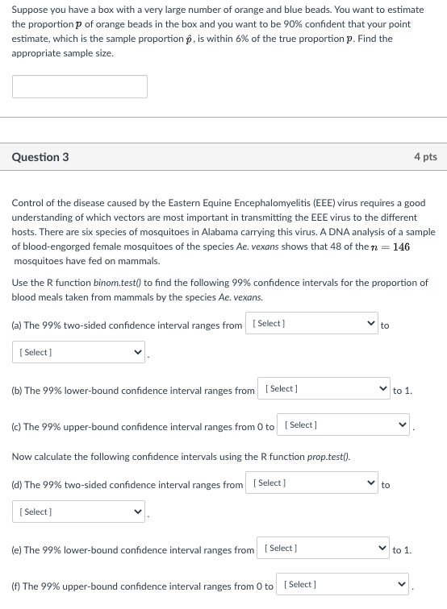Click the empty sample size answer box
80,87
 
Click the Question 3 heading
40,157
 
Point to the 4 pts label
425,156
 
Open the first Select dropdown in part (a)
311,323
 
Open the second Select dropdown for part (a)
78,352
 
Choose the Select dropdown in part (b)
324,388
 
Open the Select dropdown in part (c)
343,425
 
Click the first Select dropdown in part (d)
311,483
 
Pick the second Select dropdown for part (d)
78,512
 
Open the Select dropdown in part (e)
323,548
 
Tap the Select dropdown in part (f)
342,584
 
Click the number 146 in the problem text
401,246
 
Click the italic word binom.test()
117,283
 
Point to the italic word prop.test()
328,457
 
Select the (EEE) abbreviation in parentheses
324,203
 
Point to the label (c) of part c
16,427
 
